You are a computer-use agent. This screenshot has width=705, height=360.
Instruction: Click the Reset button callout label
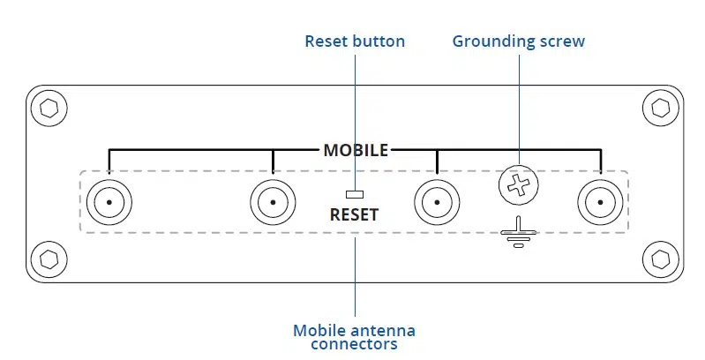[355, 41]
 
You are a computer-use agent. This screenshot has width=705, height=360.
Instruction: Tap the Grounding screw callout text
[519, 41]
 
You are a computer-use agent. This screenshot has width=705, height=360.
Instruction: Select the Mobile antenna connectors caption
[354, 337]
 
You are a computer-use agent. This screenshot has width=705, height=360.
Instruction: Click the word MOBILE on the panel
[356, 150]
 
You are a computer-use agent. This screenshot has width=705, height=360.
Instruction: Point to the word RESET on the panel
[354, 214]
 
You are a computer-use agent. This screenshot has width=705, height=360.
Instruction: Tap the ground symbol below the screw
[519, 232]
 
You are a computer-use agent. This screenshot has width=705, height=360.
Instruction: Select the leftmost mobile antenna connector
[109, 202]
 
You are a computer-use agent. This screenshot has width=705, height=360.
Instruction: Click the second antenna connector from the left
[273, 202]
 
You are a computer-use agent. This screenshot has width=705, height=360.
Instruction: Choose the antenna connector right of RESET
[437, 202]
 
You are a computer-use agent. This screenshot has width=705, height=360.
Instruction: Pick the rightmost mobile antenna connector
[600, 202]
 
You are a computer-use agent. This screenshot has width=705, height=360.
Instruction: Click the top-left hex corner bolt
[48, 109]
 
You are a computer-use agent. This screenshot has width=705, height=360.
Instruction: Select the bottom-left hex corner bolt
[48, 259]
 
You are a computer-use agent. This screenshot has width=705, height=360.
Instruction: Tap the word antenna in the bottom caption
[386, 331]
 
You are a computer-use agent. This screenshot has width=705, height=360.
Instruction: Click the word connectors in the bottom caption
[354, 344]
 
